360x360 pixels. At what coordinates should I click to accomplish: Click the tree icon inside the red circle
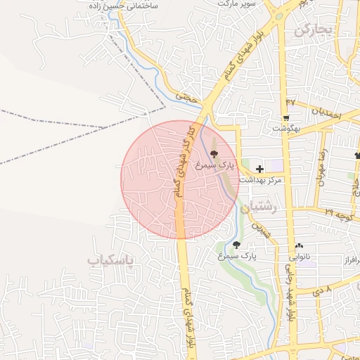[x=214, y=153]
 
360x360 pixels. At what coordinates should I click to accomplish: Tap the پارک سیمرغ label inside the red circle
[x=214, y=165]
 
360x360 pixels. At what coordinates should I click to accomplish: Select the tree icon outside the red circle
[x=237, y=245]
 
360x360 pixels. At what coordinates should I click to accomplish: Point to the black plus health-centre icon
[x=260, y=169]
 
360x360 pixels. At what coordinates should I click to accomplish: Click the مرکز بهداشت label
[x=260, y=181]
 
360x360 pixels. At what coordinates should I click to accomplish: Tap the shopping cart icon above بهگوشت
[x=286, y=118]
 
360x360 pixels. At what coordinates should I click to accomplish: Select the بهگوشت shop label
[x=288, y=129]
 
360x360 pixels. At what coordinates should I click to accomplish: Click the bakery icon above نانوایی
[x=300, y=246]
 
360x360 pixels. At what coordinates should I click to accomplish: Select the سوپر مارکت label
[x=235, y=4]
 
